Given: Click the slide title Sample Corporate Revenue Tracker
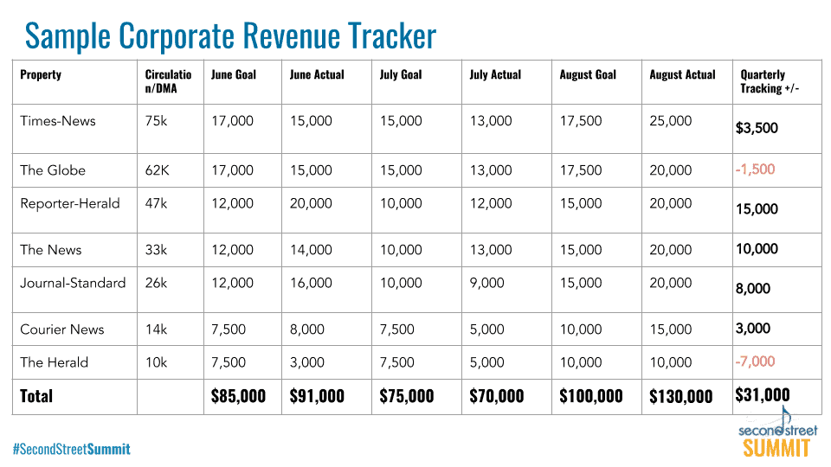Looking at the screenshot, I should point(230,36).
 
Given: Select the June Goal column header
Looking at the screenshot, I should point(234,74).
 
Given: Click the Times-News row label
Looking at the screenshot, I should point(58,121).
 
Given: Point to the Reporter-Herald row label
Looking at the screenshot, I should point(70,203).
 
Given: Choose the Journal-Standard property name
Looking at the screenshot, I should point(73,283).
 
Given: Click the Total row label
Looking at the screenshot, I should point(36,396).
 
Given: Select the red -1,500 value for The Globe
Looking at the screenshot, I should point(755,170).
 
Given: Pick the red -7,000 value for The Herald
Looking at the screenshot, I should point(755,361).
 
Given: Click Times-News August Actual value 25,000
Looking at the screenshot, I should point(671,121).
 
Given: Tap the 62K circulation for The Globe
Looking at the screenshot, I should point(158,170).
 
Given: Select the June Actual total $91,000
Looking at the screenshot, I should point(317,396).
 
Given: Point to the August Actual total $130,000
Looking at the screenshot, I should point(681,396).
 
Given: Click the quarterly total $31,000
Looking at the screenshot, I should point(763,395).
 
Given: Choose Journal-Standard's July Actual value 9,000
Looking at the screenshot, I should point(486,283).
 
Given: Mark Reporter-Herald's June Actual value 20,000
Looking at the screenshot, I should point(311,203).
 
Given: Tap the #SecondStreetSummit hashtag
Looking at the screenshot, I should point(71,449).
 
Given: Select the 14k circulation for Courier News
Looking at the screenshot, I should point(157,329).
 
